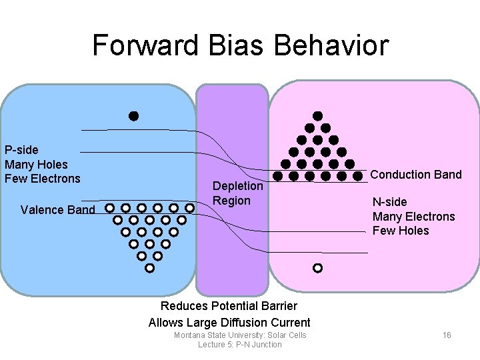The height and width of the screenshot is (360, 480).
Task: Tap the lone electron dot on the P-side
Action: pos(133,116)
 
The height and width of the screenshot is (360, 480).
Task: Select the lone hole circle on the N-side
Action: pos(317,268)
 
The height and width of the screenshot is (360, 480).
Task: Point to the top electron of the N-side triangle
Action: pos(318,116)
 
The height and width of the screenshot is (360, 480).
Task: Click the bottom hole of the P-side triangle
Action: pos(149,268)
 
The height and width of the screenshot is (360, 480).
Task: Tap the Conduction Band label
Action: pos(415,175)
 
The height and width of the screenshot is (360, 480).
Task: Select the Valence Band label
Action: pos(58,210)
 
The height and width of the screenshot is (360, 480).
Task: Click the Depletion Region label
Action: pos(237,193)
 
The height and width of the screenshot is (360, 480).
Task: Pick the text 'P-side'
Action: pos(21,149)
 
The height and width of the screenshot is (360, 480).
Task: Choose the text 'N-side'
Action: pos(389,202)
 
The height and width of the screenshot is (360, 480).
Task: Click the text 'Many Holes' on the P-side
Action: pos(36,164)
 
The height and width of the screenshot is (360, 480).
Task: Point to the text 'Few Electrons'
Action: pos(42,179)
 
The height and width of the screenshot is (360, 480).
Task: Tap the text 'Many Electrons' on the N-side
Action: pos(413,217)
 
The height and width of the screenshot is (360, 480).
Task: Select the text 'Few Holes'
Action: pos(401,231)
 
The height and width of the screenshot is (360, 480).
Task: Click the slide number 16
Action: pos(447,335)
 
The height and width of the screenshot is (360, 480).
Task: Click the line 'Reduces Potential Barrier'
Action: pos(229,306)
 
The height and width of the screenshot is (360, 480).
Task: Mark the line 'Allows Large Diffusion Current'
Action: pos(229,323)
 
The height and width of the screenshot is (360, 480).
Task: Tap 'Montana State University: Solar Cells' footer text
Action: pos(240,335)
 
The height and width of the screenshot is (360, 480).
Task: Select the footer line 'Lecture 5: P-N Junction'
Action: pos(240,345)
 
